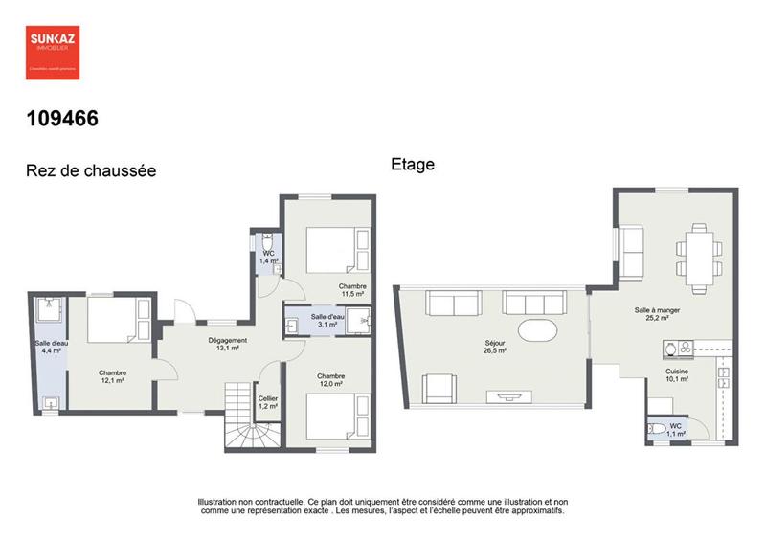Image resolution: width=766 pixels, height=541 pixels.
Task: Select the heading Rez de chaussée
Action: (x=90, y=171)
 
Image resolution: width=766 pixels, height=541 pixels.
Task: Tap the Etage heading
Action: (x=413, y=164)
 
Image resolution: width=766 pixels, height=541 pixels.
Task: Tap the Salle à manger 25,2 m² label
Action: (x=657, y=314)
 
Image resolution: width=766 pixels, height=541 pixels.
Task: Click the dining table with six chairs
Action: (x=699, y=258)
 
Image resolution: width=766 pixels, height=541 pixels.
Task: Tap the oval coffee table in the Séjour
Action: (x=536, y=331)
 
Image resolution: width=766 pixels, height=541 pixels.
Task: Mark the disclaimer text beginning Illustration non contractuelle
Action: (x=382, y=506)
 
